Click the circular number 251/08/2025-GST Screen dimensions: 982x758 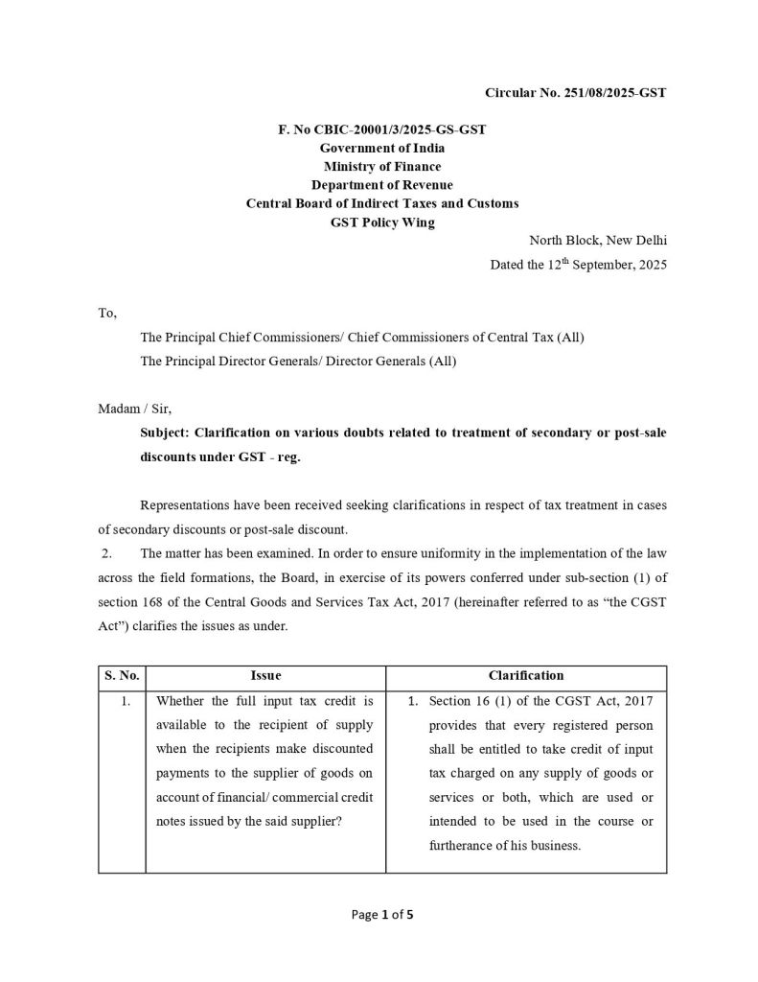coord(575,93)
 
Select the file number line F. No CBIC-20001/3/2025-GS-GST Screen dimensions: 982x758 coord(381,130)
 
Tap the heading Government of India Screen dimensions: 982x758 coord(381,149)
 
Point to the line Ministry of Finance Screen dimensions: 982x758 coord(381,167)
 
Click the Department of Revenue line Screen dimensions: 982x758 coord(381,185)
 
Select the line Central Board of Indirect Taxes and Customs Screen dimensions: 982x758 coord(381,203)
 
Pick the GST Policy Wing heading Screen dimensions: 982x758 coord(381,222)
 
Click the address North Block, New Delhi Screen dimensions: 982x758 coord(598,241)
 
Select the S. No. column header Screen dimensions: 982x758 coord(122,675)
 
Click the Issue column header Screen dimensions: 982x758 coord(265,675)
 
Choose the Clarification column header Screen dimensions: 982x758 coord(526,675)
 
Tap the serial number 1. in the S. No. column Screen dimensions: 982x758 coord(125,701)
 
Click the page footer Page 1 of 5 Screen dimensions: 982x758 coord(382,914)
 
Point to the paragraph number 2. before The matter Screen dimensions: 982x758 coord(107,553)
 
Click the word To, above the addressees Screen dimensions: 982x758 coord(107,314)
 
